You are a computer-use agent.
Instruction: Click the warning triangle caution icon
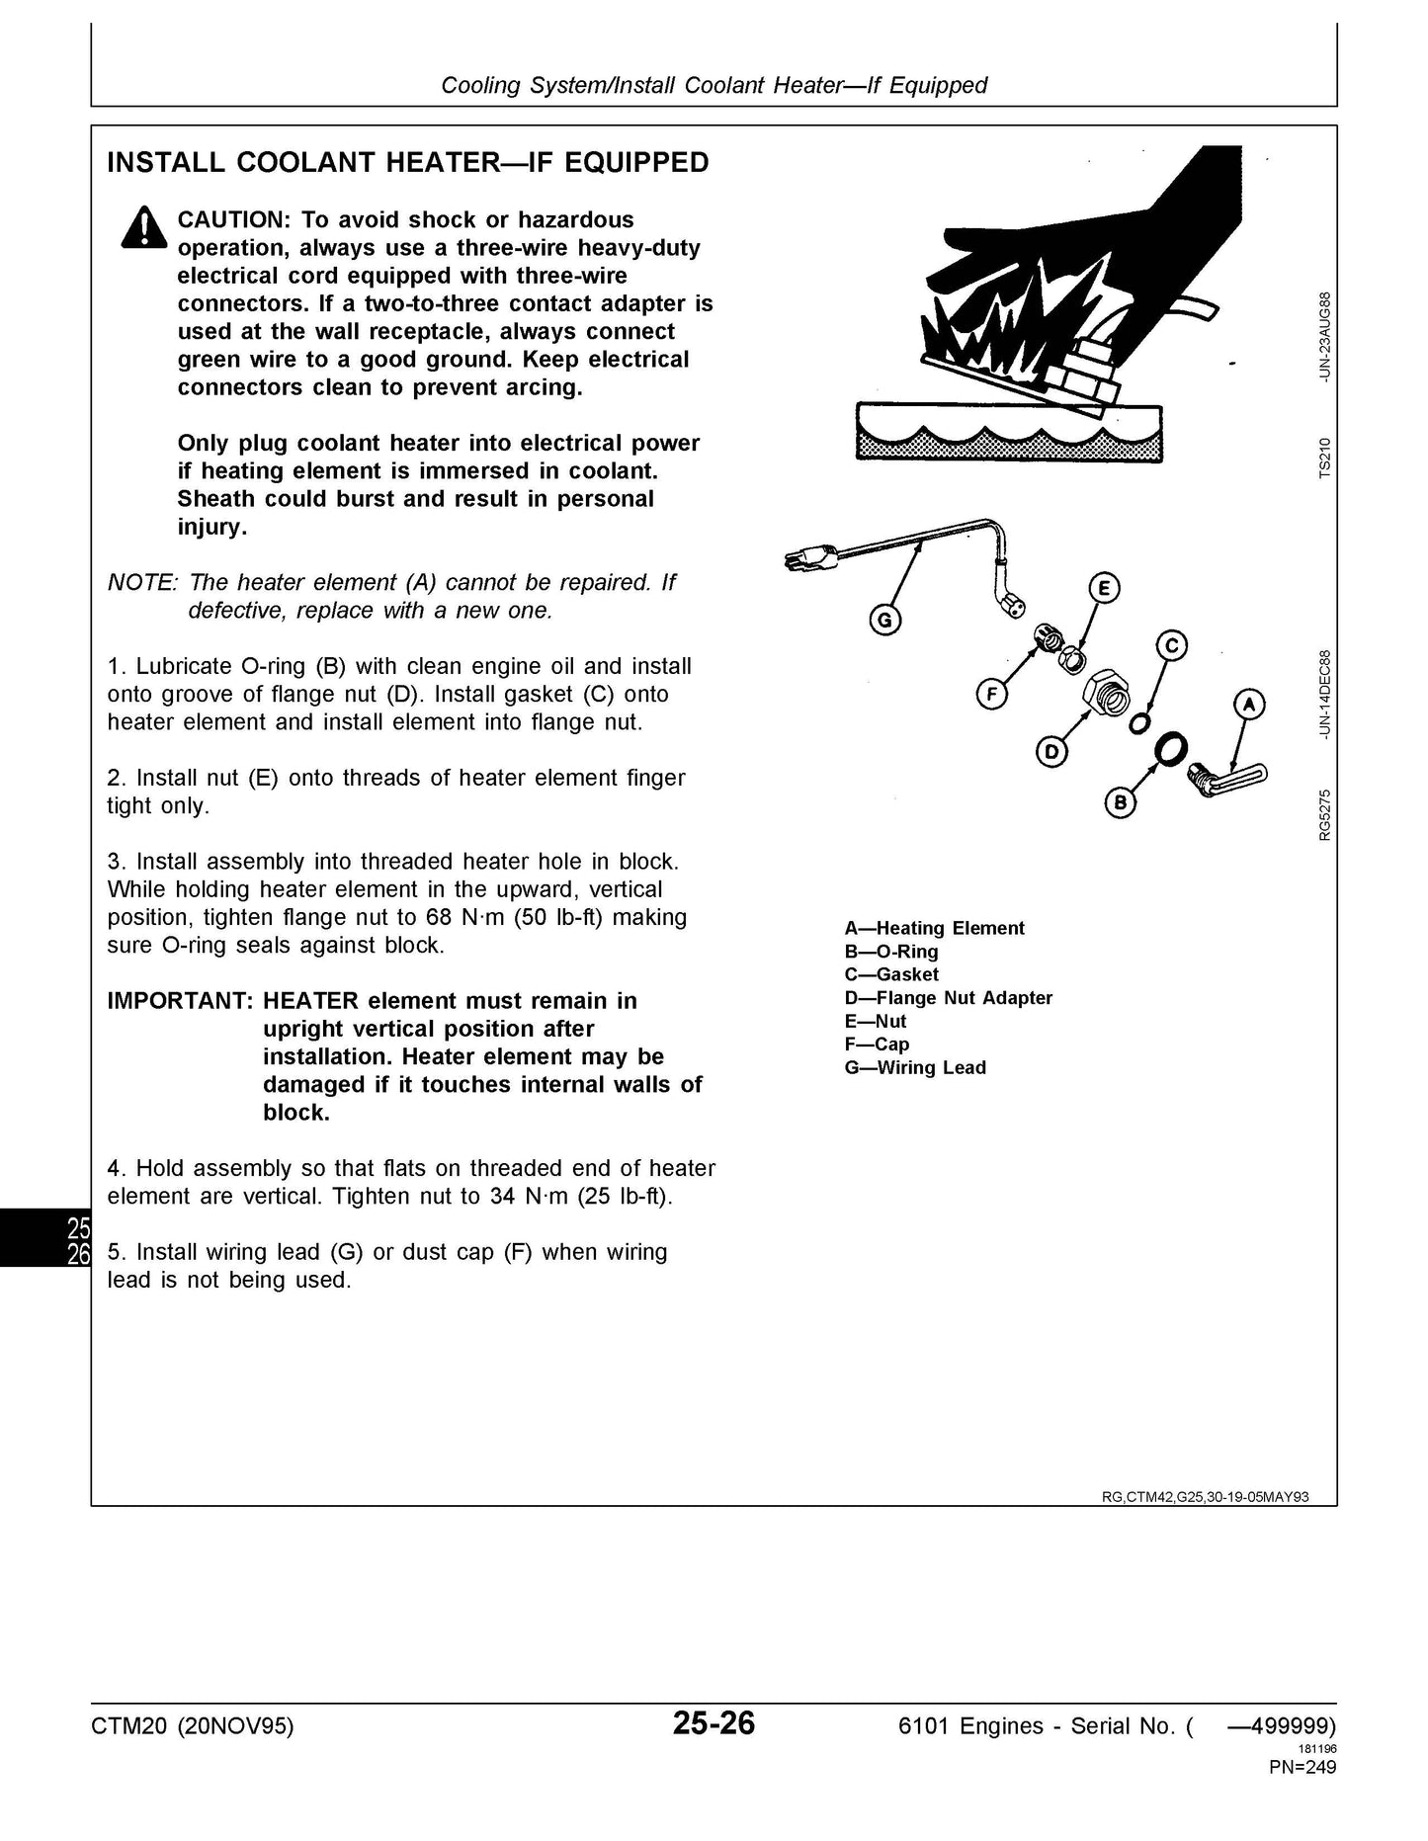pos(142,228)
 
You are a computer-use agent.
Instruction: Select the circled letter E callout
pos(1103,589)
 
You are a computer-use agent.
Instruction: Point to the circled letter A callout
pos(1249,705)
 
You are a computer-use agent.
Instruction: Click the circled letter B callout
pos(1120,802)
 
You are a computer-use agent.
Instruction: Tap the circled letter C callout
pos(1172,646)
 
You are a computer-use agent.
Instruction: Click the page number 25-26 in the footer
pos(714,1723)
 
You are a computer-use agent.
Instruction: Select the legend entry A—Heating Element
pos(935,928)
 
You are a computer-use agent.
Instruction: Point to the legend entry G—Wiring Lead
pos(915,1067)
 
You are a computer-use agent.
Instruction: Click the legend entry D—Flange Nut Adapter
pos(949,997)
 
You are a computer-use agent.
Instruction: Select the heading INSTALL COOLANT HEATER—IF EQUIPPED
pos(407,162)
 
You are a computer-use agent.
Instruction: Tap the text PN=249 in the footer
pos(1302,1767)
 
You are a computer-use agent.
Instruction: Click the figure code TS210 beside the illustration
pos(1324,457)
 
